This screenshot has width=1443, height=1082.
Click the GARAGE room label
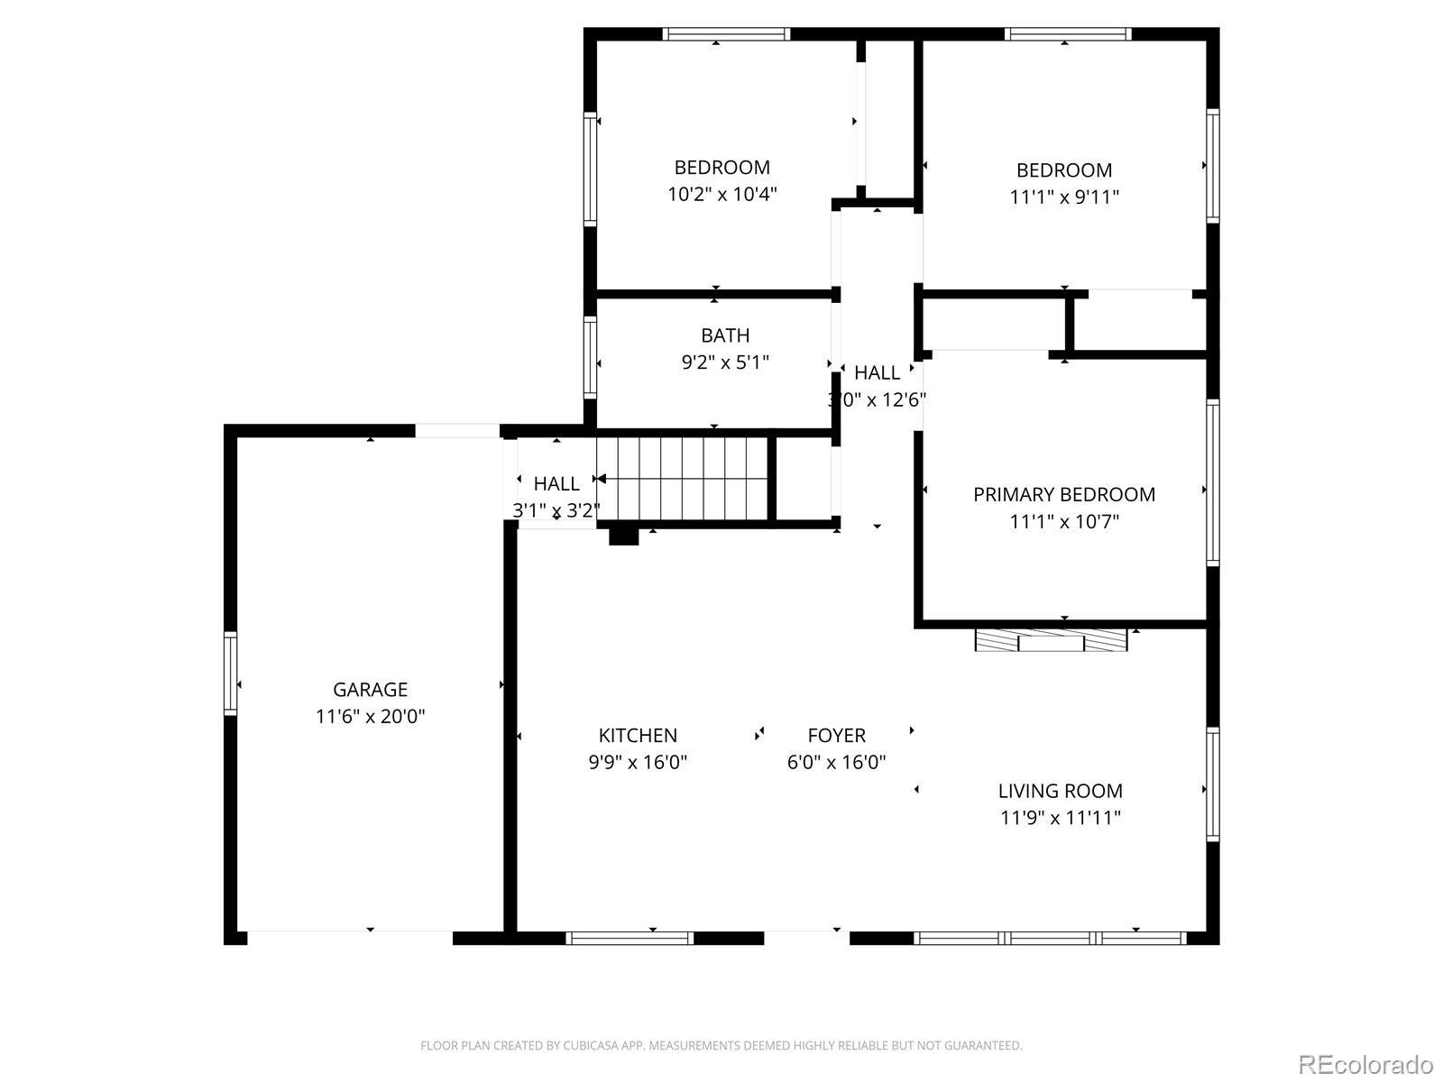pos(370,689)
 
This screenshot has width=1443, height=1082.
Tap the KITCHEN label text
pos(638,735)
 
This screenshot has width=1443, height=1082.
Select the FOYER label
pos(836,735)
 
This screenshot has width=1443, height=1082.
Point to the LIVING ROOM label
pos(1061,791)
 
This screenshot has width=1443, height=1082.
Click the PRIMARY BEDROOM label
pos(1064,495)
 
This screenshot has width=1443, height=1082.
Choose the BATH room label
pos(725,335)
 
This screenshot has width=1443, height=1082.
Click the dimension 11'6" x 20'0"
pos(370,716)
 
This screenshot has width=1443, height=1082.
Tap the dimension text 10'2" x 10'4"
pos(722,195)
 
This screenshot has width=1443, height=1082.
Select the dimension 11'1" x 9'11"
pos(1064,197)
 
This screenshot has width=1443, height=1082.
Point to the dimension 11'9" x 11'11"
pos(1061,818)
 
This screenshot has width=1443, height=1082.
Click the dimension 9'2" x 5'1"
pos(725,362)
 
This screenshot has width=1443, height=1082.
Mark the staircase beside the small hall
pos(683,478)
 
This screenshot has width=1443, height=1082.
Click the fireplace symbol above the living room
pos(1051,640)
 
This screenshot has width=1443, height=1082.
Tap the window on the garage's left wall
pos(230,674)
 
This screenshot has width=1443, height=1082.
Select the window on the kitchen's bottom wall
pos(630,938)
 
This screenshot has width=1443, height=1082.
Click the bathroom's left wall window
pos(591,357)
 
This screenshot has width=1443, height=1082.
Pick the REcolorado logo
pos(1366,1064)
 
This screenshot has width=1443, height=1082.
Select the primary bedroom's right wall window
pos(1213,482)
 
